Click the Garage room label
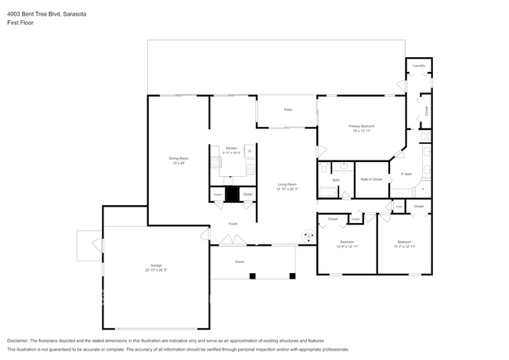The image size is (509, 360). pyautogui.click(x=157, y=265)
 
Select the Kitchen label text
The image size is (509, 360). pyautogui.click(x=232, y=148)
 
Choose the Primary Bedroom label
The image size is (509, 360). pyautogui.click(x=362, y=127)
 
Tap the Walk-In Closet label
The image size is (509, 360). pyautogui.click(x=371, y=180)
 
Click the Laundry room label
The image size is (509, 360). pyautogui.click(x=419, y=66)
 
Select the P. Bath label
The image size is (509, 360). pyautogui.click(x=406, y=174)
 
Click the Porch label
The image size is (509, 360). pyautogui.click(x=240, y=262)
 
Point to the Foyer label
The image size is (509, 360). pyautogui.click(x=233, y=224)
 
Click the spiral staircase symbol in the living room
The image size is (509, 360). pyautogui.click(x=308, y=233)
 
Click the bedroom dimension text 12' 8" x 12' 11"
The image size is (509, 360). pyautogui.click(x=346, y=247)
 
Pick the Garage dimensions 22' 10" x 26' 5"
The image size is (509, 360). pyautogui.click(x=157, y=270)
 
